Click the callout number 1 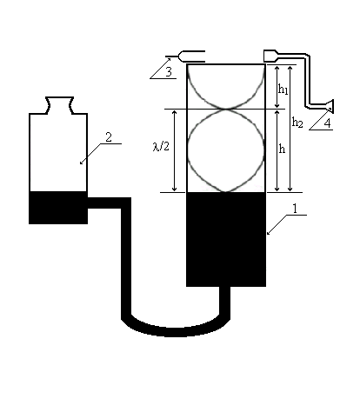tap(295, 209)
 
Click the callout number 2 tap(109, 137)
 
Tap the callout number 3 tap(169, 71)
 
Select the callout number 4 tap(327, 123)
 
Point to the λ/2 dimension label tap(161, 146)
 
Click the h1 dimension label tap(283, 89)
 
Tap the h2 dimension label tap(297, 122)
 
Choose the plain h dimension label tap(282, 149)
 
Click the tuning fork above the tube tap(185, 56)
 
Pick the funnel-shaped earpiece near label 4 tap(330, 106)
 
